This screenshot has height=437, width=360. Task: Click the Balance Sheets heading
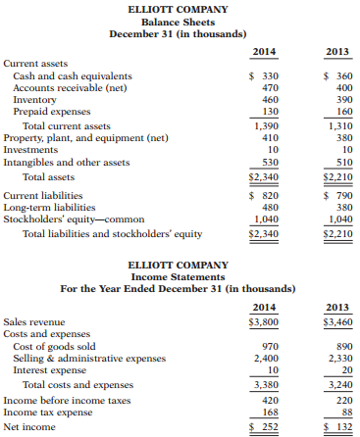click(180, 21)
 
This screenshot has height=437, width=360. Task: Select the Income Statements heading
click(180, 276)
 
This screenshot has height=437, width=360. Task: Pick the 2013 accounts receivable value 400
click(340, 87)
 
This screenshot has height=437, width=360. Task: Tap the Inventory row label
click(33, 99)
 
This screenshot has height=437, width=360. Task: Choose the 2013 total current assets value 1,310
click(337, 126)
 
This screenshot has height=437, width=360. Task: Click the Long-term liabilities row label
click(48, 207)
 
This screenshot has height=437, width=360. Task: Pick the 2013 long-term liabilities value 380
click(340, 207)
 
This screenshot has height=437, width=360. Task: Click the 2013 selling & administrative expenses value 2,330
click(337, 360)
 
